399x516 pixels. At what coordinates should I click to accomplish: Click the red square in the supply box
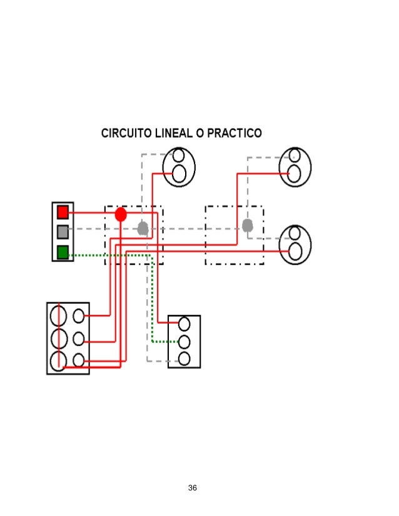tap(63, 212)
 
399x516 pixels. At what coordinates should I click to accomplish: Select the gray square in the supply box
tap(63, 232)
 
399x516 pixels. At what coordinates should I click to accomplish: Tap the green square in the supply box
tap(63, 252)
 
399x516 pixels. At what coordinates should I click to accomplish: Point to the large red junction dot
tap(121, 214)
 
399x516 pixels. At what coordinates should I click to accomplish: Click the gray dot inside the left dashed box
tap(143, 228)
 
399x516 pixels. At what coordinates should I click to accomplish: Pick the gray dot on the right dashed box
tap(248, 224)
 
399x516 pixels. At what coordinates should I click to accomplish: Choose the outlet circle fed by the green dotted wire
tap(184, 341)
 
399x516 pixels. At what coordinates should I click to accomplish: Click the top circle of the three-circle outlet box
tap(184, 324)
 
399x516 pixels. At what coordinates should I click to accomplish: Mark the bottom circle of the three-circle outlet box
tap(184, 358)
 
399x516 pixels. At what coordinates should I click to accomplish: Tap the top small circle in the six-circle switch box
tap(79, 316)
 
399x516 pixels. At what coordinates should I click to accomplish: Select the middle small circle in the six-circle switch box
tap(79, 339)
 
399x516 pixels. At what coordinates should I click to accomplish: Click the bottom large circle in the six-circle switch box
tap(58, 361)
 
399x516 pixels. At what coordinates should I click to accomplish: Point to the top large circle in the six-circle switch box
tap(58, 314)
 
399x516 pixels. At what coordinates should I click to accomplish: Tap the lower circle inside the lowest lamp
tap(296, 251)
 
